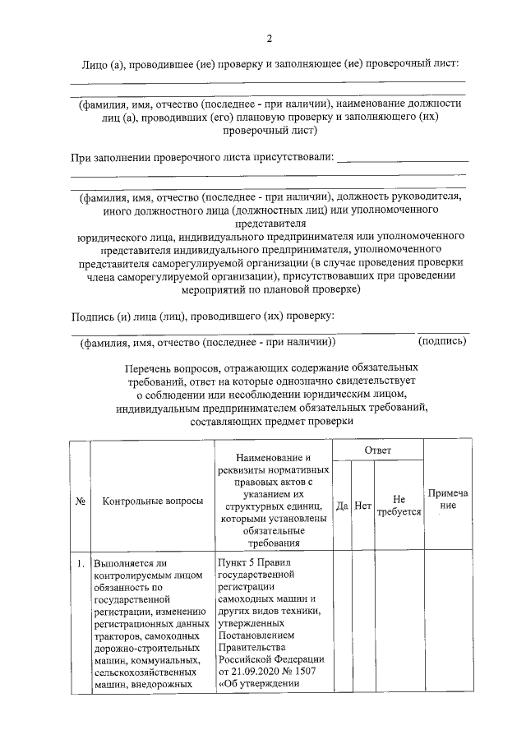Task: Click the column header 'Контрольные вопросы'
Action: click(x=153, y=500)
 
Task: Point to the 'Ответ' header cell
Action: click(x=378, y=451)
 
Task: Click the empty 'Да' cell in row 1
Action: click(x=342, y=625)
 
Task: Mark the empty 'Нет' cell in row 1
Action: click(x=363, y=625)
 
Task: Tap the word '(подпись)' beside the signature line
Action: click(x=442, y=340)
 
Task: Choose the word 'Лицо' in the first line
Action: click(x=94, y=63)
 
